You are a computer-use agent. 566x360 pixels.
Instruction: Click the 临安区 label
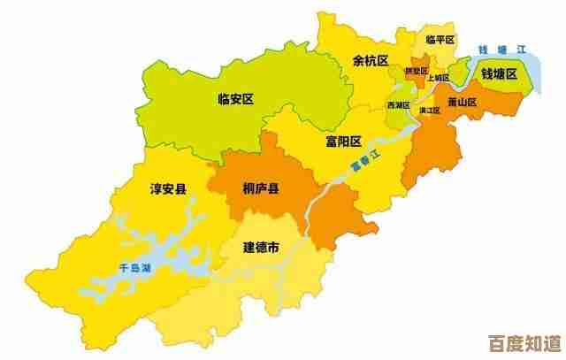(235, 100)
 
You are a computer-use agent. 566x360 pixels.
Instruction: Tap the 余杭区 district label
(371, 61)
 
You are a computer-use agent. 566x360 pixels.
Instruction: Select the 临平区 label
(439, 40)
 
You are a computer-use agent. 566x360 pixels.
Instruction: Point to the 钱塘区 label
(499, 73)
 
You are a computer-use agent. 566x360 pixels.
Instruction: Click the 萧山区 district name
(463, 101)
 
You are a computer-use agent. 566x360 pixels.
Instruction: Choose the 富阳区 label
(344, 142)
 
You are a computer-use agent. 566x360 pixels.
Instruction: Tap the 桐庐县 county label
(261, 188)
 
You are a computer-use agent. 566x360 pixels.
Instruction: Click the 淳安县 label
(168, 188)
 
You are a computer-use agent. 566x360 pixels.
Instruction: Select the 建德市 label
(261, 249)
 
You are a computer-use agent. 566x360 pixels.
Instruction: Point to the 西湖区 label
(398, 105)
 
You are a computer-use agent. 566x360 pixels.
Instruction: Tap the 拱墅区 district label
(416, 70)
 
